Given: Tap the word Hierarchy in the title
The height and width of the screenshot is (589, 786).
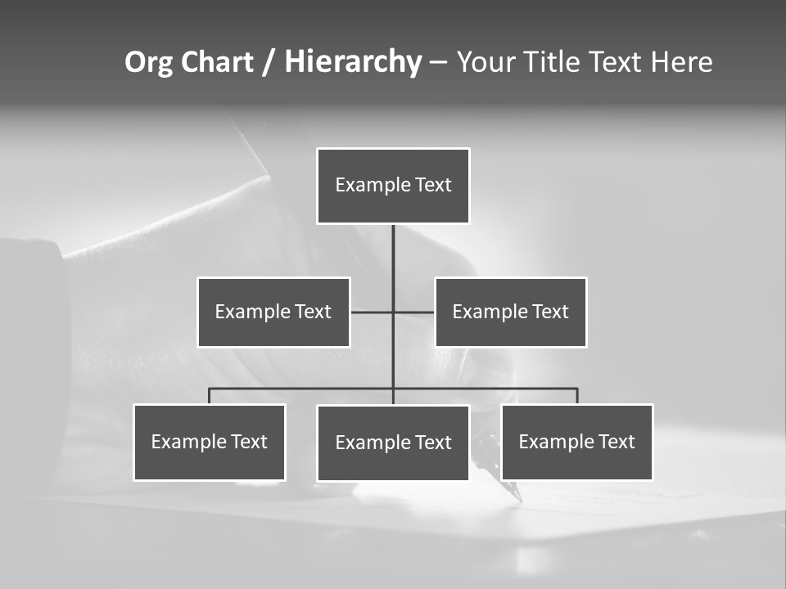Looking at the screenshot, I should [353, 62].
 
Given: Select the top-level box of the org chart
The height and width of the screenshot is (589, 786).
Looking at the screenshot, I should [393, 186].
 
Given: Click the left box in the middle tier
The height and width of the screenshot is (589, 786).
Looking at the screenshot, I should [273, 312].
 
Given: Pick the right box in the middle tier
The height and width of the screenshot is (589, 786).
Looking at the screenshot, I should [511, 312].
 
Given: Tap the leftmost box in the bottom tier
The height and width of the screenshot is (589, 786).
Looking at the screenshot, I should [210, 443].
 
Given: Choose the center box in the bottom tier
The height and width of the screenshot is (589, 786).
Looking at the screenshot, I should [393, 443].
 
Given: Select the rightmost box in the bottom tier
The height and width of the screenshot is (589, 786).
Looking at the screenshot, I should [577, 443].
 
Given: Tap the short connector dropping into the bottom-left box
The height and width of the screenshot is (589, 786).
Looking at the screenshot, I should [210, 396].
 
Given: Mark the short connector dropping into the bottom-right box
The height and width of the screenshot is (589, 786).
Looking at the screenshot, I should [577, 396].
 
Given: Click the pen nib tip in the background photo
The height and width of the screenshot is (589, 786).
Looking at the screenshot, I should [519, 498].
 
